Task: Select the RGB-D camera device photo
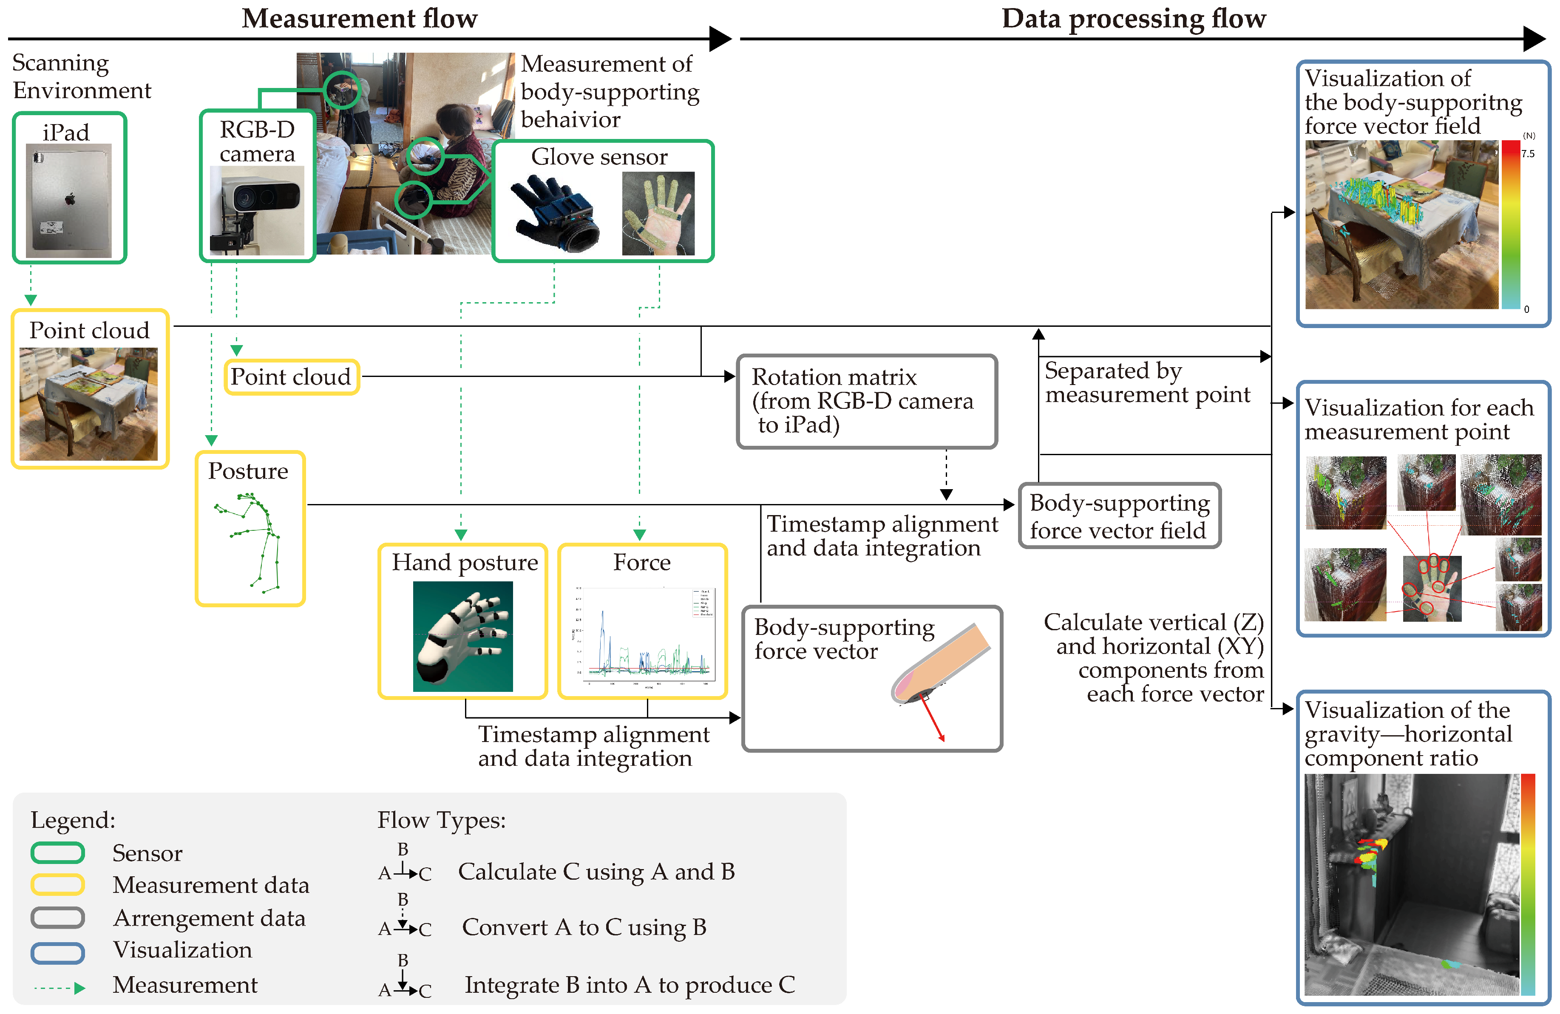pos(257,210)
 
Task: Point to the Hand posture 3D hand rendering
pos(463,636)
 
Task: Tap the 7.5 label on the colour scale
pos(1527,154)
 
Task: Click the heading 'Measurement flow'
pos(359,18)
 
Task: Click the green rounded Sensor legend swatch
pos(58,853)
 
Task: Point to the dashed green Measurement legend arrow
pos(59,988)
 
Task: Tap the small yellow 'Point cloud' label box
pos(292,377)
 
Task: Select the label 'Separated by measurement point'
pos(1147,382)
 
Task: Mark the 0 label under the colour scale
pos(1526,309)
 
